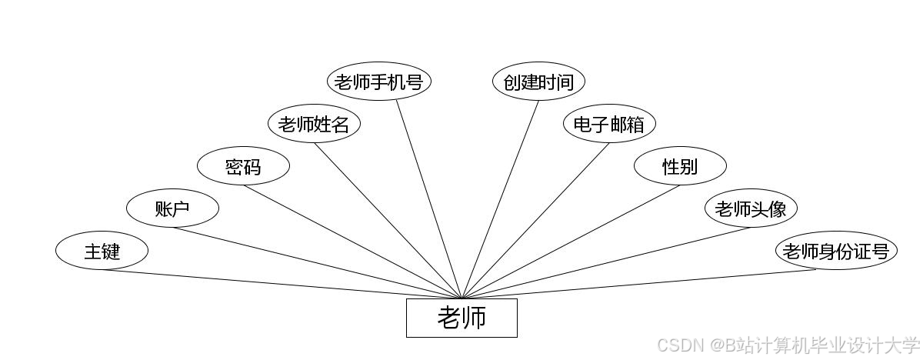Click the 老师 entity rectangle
click(461, 318)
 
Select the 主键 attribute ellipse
click(102, 251)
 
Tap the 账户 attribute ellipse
click(172, 208)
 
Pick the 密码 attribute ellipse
click(243, 166)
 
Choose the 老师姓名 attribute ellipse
click(314, 124)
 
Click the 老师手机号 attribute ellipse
click(378, 82)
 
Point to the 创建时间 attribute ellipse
click(538, 82)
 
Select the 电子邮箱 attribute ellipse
click(609, 124)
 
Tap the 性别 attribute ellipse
click(680, 166)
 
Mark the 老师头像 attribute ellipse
click(751, 208)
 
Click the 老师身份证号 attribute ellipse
click(836, 251)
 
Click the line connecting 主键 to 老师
click(282, 284)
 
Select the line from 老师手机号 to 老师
click(429, 199)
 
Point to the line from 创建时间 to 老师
click(500, 199)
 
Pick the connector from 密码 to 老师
click(352, 242)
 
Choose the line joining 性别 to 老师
click(571, 242)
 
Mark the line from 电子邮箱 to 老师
click(535, 220)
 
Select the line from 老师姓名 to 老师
click(388, 220)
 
